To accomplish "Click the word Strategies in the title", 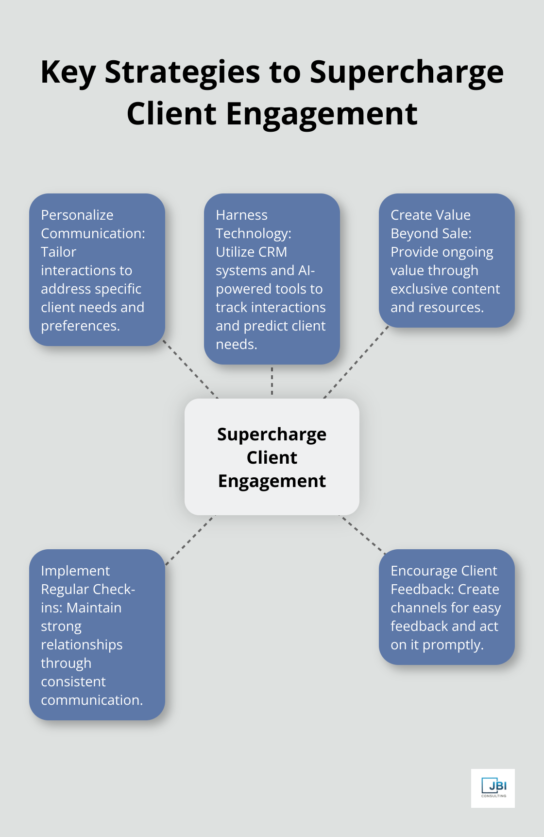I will [x=183, y=72].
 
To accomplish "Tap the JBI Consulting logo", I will [x=493, y=788].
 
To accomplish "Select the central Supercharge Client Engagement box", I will [x=272, y=456].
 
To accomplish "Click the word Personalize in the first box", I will [x=77, y=215].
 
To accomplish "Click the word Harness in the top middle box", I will [x=241, y=215].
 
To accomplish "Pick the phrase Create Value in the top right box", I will [x=430, y=215].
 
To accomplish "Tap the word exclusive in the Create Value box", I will [x=420, y=289].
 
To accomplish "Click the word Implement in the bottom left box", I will [x=75, y=571].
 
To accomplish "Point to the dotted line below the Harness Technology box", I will [x=272, y=381].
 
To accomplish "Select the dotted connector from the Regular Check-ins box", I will [x=190, y=540].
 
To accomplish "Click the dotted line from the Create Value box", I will [x=356, y=362].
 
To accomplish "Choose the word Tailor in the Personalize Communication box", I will [x=58, y=252].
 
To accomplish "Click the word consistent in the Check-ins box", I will [x=73, y=681].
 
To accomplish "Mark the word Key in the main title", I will [x=68, y=72].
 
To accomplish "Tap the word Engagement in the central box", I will [x=272, y=481].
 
